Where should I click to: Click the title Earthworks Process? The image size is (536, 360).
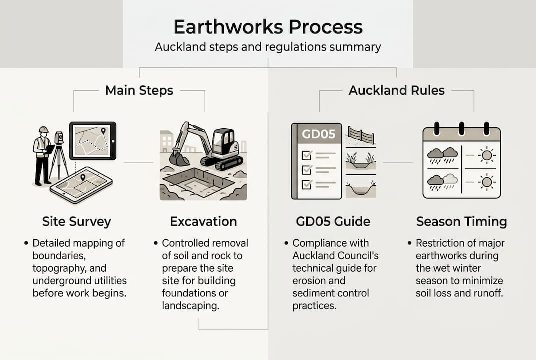coord(268,27)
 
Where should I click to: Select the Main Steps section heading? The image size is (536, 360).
coord(139,90)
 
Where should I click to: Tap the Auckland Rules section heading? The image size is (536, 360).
coord(396,90)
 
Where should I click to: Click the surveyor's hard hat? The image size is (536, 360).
coord(43,130)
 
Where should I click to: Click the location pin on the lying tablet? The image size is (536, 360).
coord(82,177)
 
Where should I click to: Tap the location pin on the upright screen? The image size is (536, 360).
coord(103,131)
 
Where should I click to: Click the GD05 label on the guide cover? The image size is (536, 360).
coord(316,135)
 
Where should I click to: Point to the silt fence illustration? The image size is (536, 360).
coord(361,135)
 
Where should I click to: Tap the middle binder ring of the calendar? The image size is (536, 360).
coord(461,128)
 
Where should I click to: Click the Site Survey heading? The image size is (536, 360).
coord(76,221)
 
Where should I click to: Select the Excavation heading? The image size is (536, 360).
coord(203,221)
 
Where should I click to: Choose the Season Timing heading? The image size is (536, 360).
coord(461,221)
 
